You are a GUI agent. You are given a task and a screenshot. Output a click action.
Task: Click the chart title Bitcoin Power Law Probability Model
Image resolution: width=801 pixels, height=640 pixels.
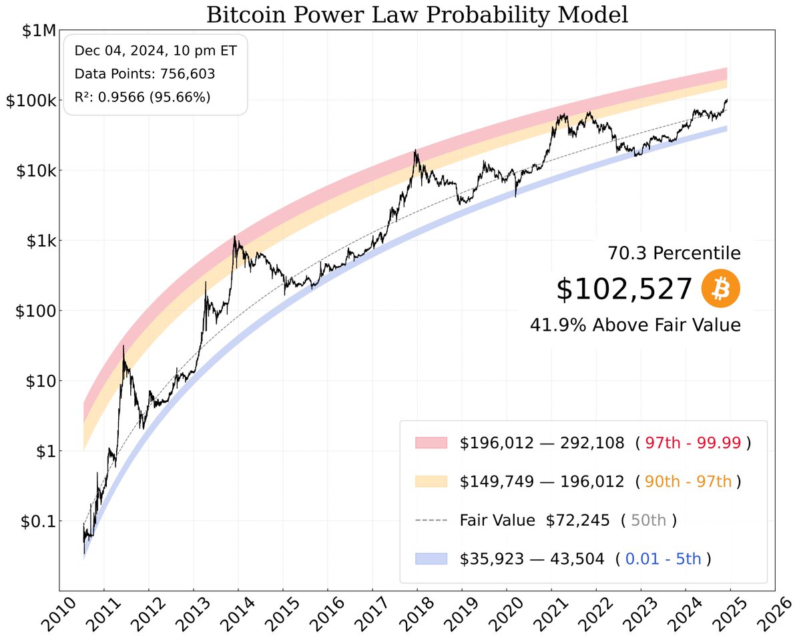(417, 15)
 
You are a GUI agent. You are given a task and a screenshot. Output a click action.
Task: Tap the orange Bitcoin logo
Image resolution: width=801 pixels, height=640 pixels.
(721, 289)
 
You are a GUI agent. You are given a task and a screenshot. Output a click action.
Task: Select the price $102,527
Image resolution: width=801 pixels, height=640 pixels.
(624, 289)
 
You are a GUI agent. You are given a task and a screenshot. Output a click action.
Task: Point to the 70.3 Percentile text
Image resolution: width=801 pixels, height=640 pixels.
(674, 253)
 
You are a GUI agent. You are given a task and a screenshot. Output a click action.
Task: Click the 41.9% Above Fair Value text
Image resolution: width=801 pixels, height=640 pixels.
(635, 325)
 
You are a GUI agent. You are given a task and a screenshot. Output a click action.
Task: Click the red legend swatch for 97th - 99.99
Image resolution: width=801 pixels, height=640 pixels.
(431, 443)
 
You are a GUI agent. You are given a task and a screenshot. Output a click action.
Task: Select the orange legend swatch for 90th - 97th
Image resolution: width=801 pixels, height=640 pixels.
(431, 482)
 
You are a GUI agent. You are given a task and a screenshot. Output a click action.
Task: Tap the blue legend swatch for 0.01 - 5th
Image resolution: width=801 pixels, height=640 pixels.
(431, 559)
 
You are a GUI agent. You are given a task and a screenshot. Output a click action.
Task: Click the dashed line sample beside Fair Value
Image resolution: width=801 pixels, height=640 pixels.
(431, 520)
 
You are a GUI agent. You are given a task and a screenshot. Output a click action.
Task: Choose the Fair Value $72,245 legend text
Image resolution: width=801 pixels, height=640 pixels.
(534, 520)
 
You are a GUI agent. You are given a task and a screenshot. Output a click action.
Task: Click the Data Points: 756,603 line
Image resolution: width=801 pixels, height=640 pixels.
(144, 74)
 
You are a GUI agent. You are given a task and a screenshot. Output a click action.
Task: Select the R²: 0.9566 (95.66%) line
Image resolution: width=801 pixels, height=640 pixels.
(142, 97)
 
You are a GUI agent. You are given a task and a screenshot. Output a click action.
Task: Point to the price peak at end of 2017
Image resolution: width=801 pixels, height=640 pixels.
(416, 151)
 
